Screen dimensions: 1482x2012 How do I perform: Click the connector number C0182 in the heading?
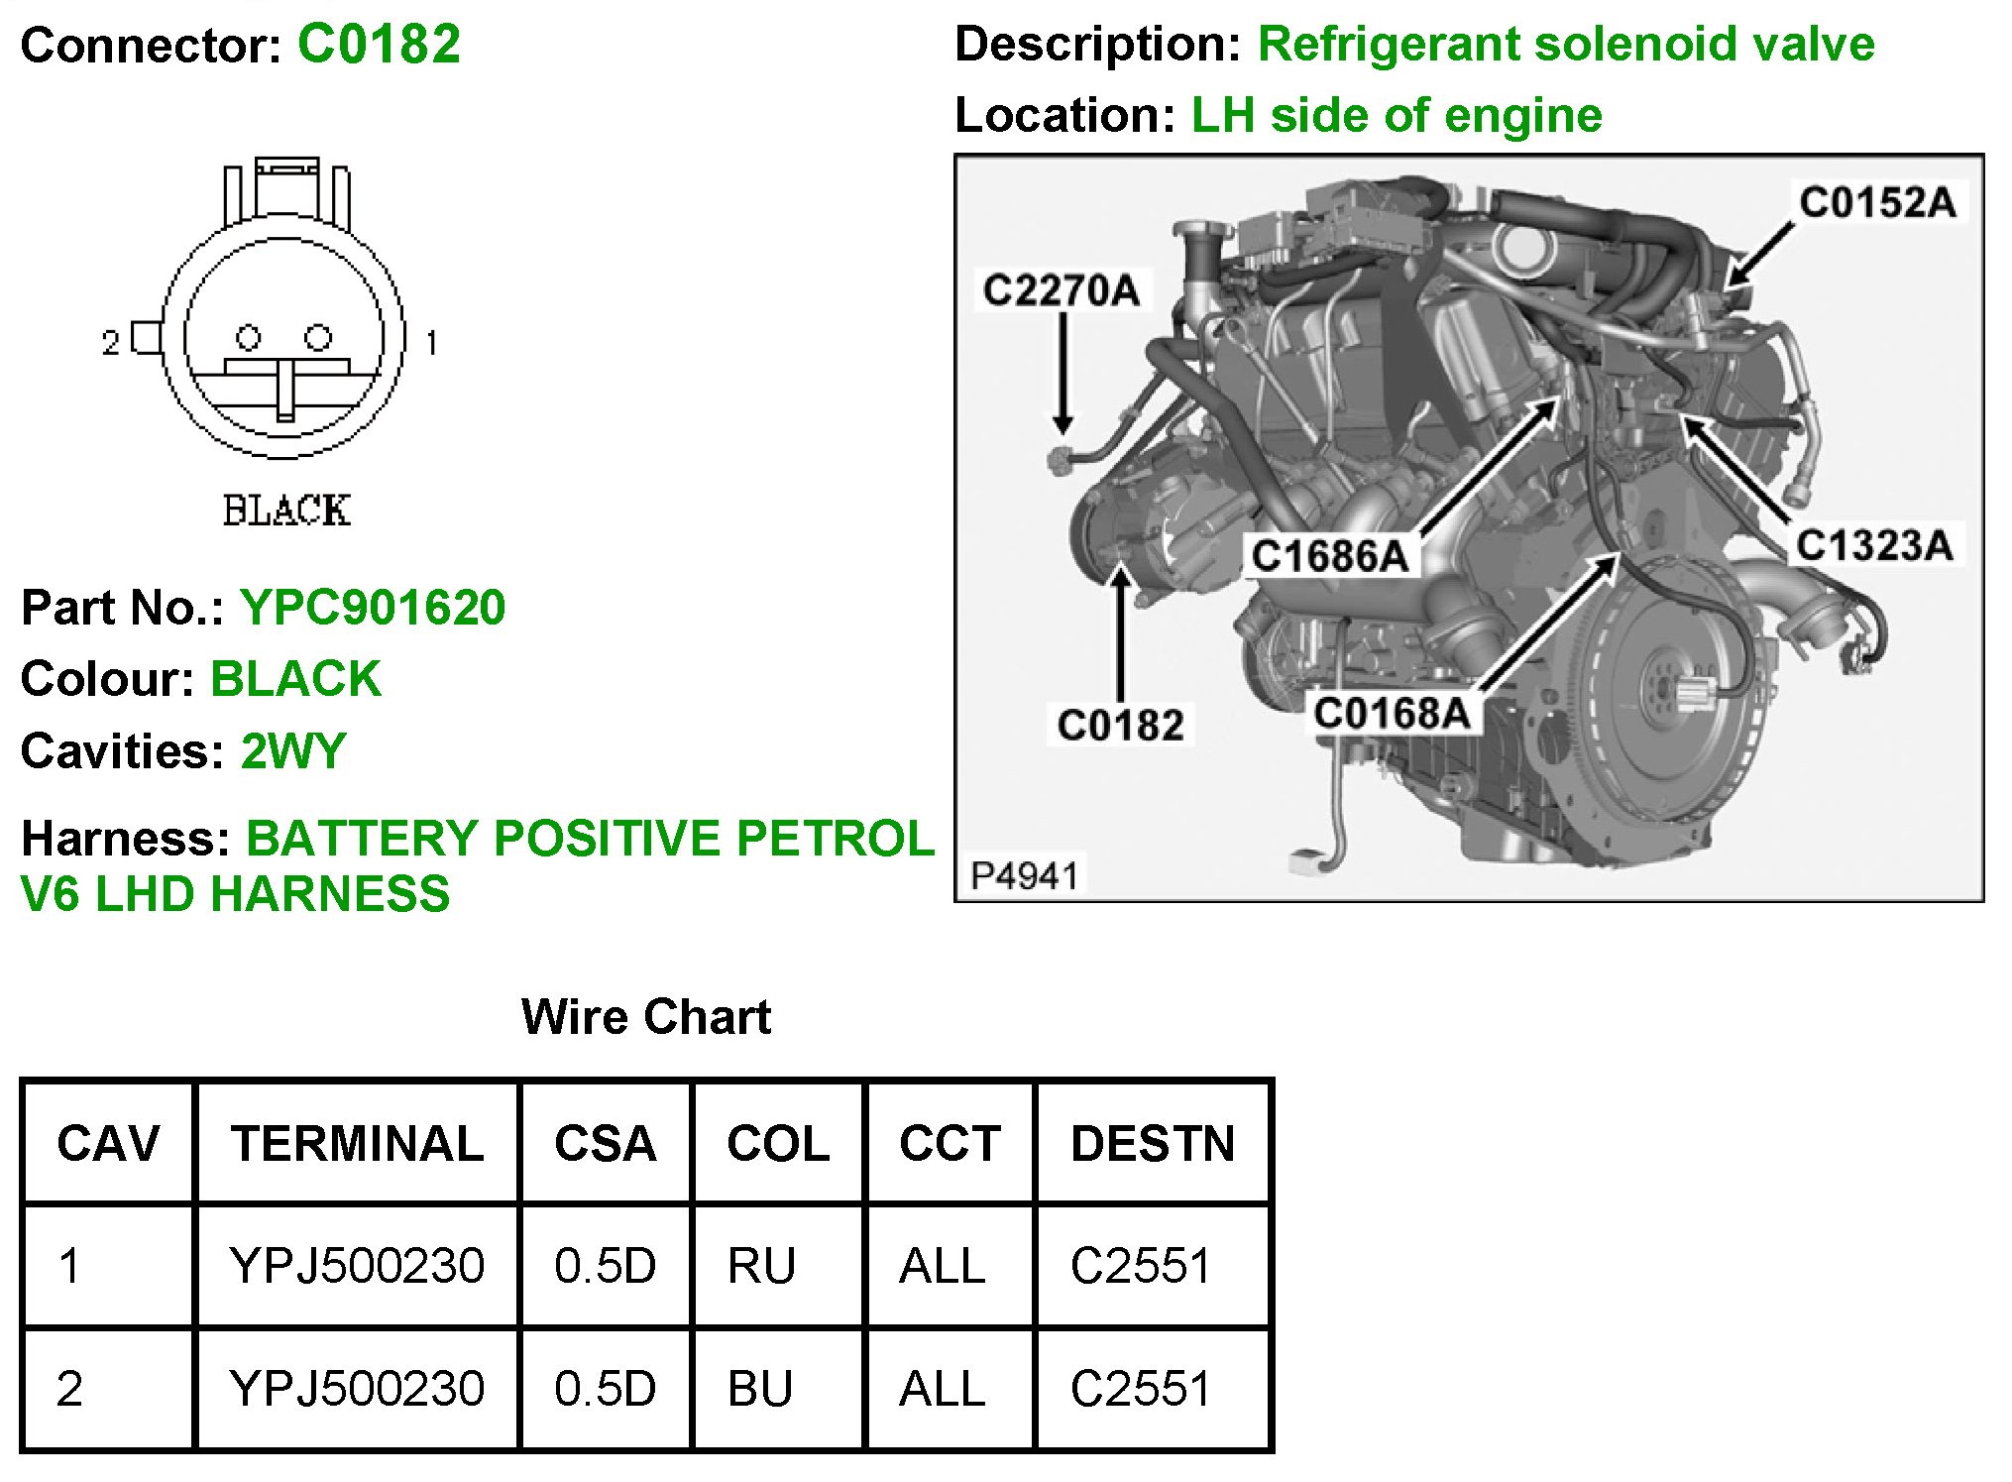pos(379,45)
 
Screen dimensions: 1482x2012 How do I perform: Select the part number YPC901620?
pos(373,608)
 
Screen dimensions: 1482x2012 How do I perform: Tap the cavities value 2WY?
pos(293,751)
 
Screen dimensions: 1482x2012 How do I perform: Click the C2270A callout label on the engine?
pos(1061,290)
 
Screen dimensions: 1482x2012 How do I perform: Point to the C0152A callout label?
pos(1877,202)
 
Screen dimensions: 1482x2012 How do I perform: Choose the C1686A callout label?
pos(1329,556)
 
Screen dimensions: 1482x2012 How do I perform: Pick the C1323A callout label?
pos(1873,545)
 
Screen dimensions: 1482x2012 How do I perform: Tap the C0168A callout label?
pos(1391,713)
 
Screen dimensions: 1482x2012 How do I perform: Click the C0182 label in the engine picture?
pos(1120,725)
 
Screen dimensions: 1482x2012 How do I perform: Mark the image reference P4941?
pos(1024,876)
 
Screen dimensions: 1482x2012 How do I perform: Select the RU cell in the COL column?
pos(761,1266)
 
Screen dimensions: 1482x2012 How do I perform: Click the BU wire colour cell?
pos(760,1389)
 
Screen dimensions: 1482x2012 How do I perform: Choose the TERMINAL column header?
pos(358,1143)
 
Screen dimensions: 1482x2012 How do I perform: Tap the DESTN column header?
pos(1153,1143)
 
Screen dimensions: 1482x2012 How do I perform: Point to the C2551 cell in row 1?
pos(1141,1266)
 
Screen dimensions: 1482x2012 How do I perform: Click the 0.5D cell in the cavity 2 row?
pos(605,1389)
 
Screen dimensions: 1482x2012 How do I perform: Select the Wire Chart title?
pos(646,1017)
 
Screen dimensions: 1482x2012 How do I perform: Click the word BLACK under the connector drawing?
pos(286,512)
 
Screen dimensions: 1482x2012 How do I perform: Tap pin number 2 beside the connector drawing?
pos(110,343)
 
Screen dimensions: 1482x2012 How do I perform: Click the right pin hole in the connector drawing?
pos(318,338)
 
